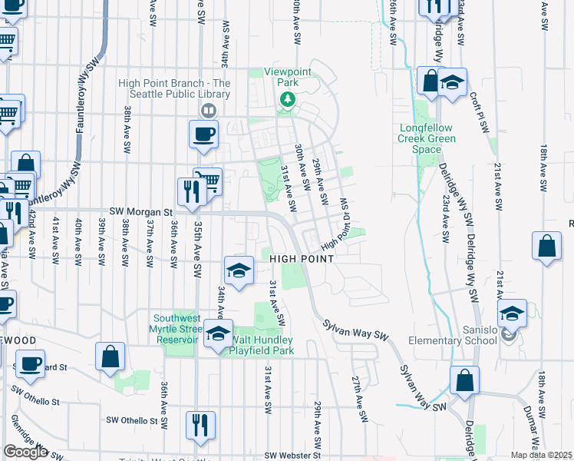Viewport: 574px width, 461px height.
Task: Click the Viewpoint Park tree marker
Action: pyautogui.click(x=288, y=99)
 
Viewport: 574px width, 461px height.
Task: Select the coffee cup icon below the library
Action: pyautogui.click(x=203, y=134)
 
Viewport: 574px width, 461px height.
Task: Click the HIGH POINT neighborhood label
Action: pyautogui.click(x=302, y=259)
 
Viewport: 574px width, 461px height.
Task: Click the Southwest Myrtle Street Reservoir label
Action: pyautogui.click(x=176, y=329)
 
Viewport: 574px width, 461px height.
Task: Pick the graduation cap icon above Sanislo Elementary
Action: pyautogui.click(x=512, y=313)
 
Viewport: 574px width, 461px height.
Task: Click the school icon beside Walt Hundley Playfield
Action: pyautogui.click(x=218, y=334)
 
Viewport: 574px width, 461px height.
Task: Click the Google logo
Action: pyautogui.click(x=25, y=452)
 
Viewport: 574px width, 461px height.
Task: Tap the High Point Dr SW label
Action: pyautogui.click(x=341, y=230)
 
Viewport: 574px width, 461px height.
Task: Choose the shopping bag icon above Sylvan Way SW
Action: pyautogui.click(x=464, y=380)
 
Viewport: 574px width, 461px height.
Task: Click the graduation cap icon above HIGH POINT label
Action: pyautogui.click(x=239, y=270)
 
